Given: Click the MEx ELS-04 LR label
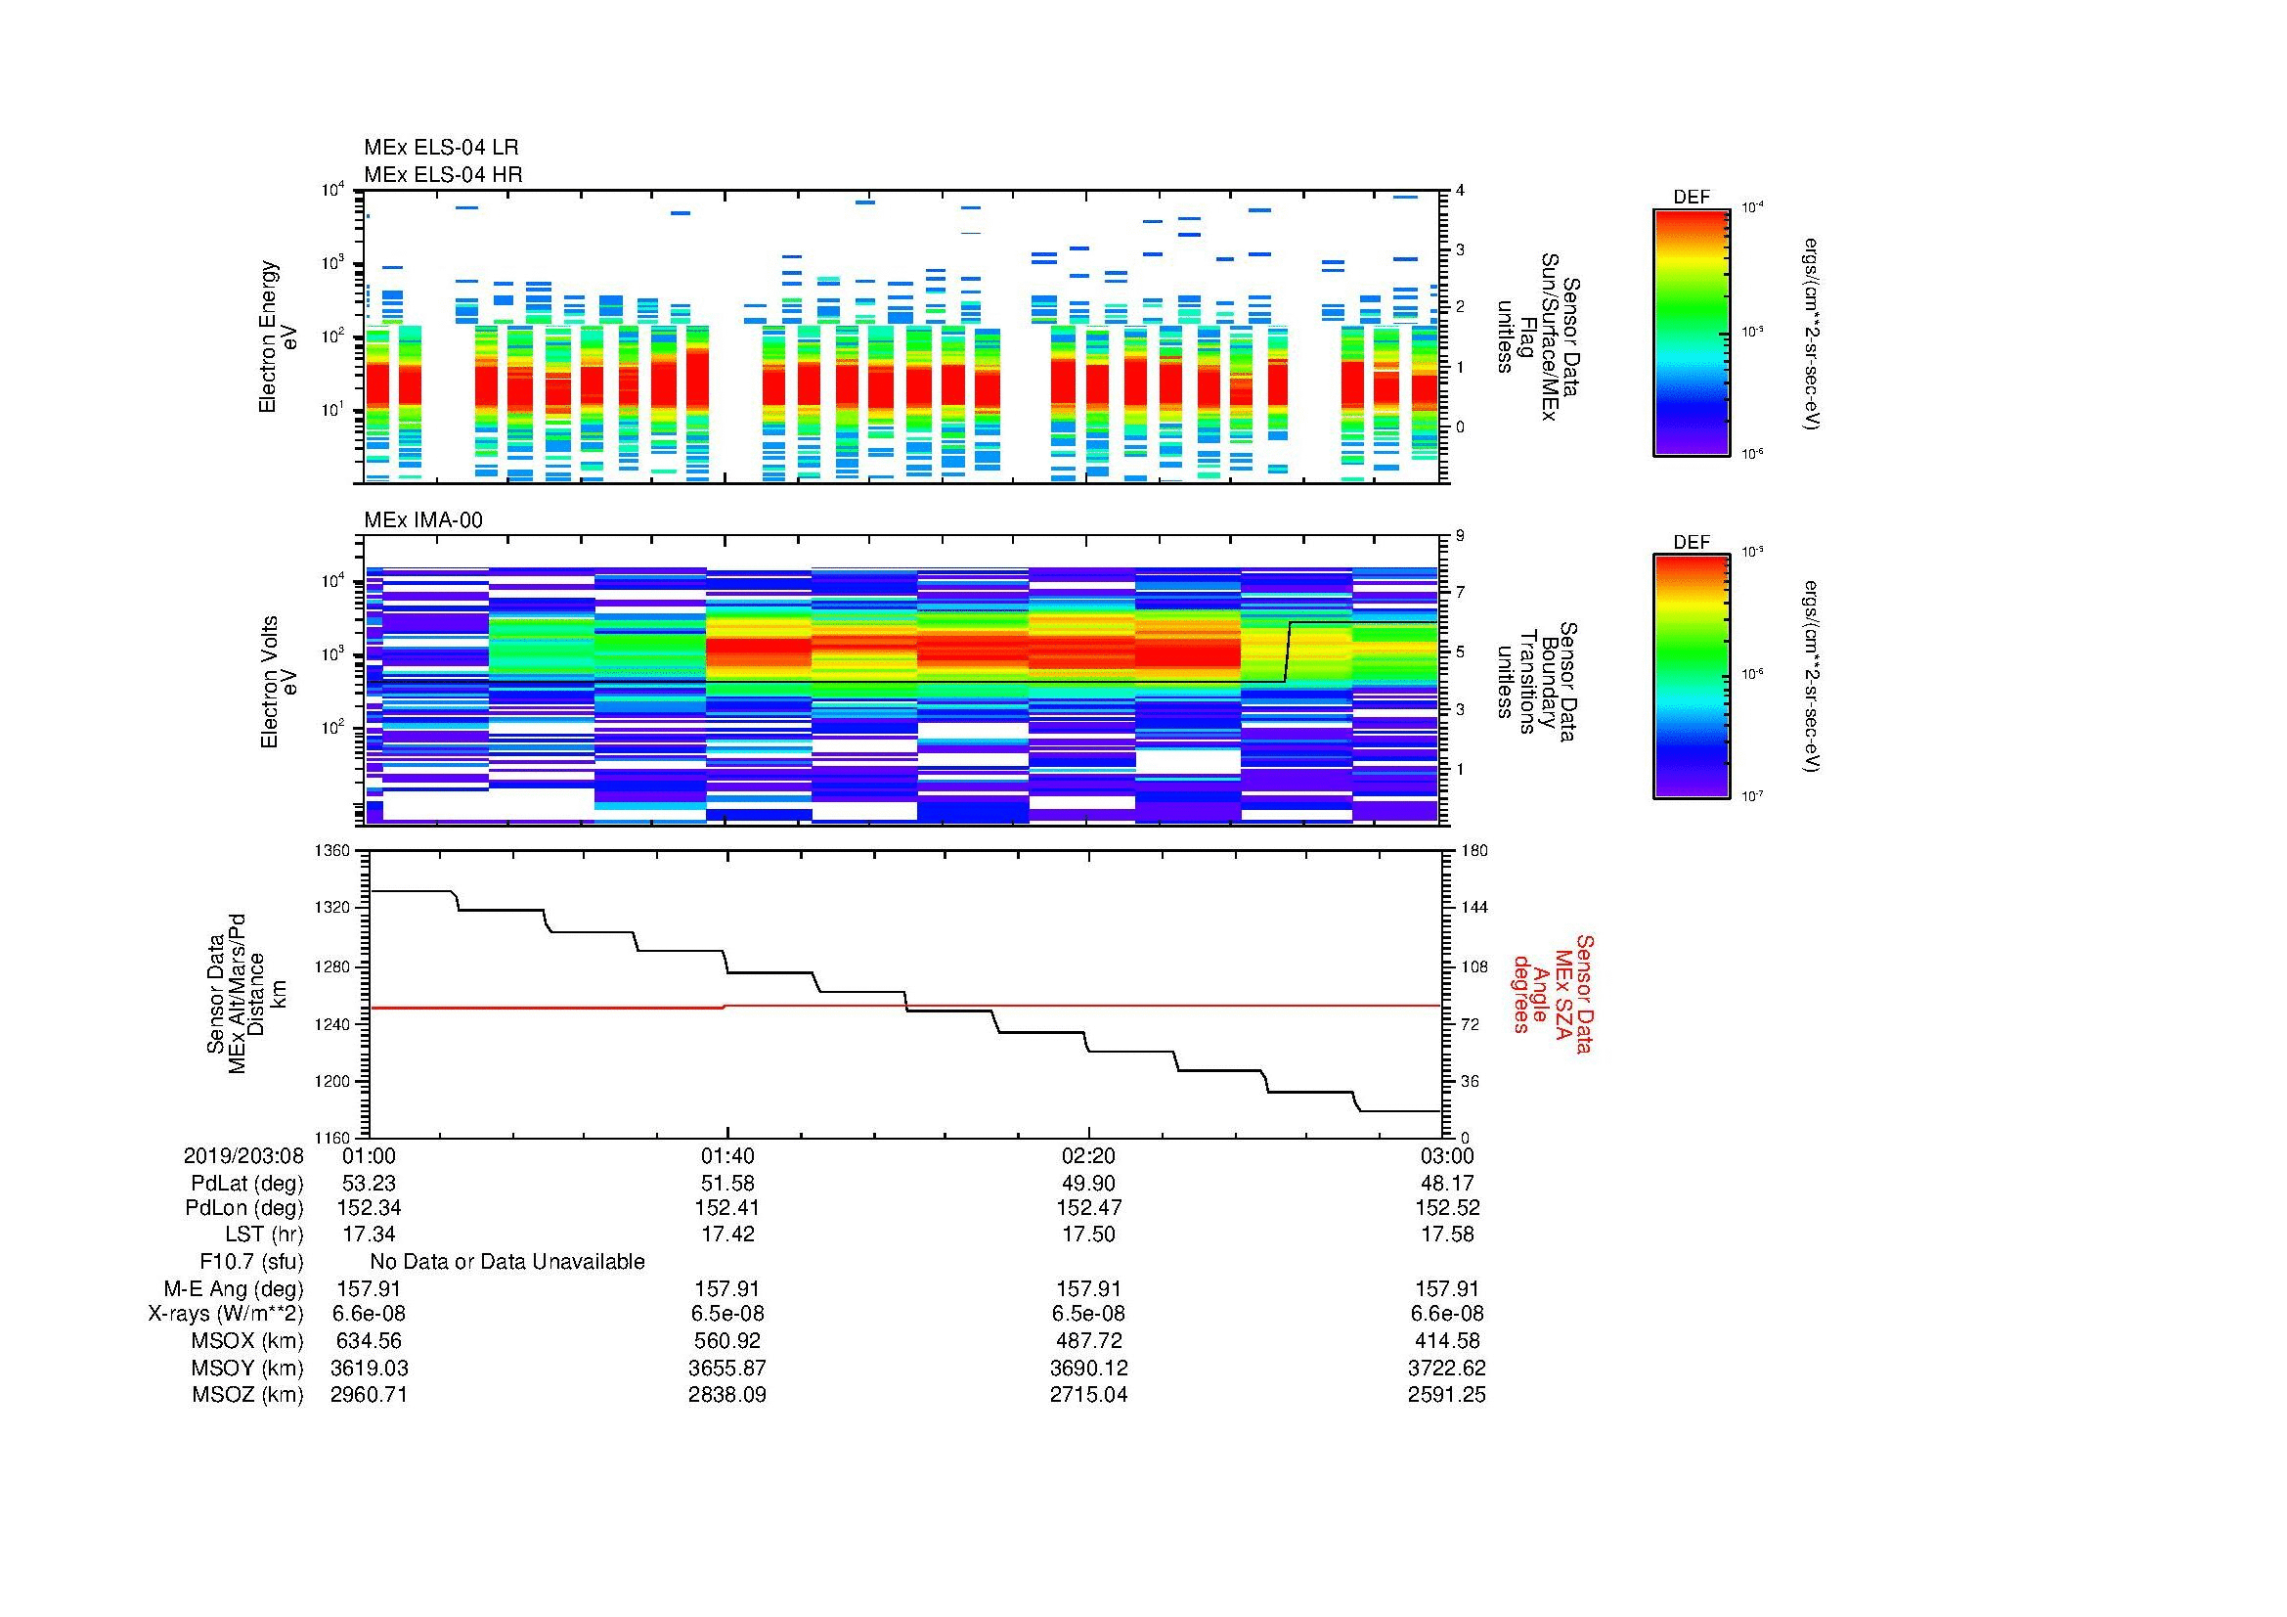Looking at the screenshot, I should click(440, 148).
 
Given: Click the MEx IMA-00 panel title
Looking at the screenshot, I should click(423, 520).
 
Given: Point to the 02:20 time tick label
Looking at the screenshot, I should click(1088, 1155).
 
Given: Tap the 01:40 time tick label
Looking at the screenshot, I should click(727, 1155).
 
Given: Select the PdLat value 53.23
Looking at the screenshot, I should click(370, 1184).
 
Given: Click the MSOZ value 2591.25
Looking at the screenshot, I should click(1446, 1395).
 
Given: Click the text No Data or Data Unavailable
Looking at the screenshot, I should click(507, 1262).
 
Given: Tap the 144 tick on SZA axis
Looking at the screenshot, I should click(1473, 908).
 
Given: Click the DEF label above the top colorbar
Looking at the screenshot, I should click(1692, 199).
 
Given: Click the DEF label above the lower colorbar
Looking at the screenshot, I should click(1692, 543).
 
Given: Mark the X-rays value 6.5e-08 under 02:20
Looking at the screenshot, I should click(1088, 1314).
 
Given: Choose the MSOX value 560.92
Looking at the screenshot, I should click(727, 1341).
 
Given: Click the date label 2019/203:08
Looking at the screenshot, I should click(243, 1155).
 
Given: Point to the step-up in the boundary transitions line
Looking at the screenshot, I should click(1288, 652).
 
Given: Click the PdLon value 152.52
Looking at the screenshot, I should click(1446, 1207).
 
